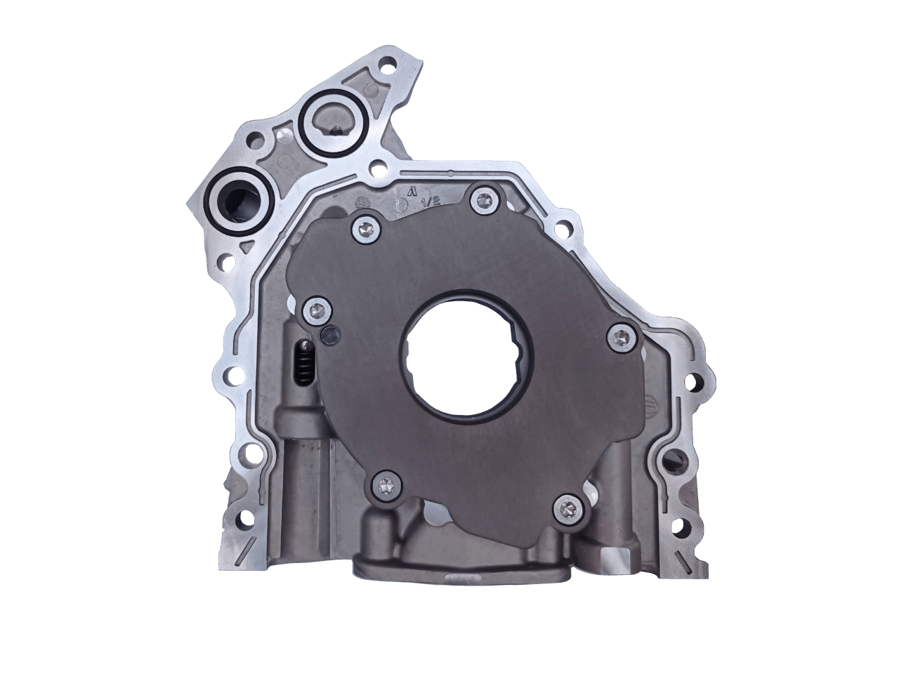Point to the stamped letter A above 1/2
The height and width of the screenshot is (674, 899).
tap(413, 190)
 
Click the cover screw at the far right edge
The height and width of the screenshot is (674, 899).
tap(619, 336)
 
